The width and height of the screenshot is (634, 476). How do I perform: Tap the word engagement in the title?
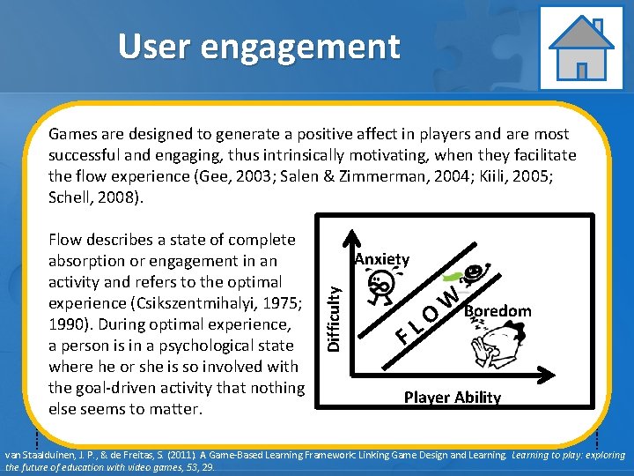[300, 48]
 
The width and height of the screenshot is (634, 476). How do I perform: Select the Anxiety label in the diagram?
[381, 259]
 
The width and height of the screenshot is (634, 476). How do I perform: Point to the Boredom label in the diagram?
[498, 310]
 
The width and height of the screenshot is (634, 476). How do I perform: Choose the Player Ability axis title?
[452, 398]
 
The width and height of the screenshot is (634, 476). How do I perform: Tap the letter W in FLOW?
[450, 297]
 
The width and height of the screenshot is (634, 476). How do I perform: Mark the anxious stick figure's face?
[380, 285]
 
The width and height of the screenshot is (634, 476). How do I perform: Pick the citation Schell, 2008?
[93, 197]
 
